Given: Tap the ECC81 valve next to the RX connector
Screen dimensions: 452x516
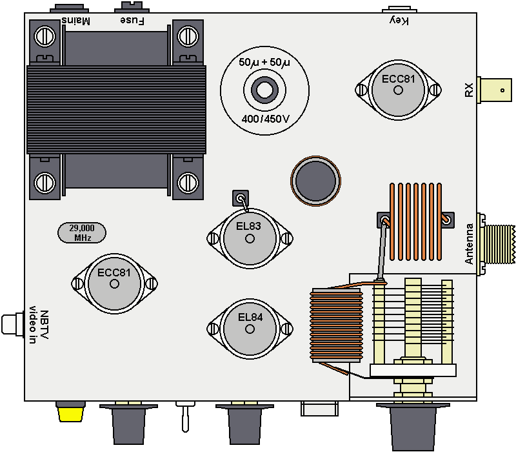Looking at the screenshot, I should click(x=398, y=90).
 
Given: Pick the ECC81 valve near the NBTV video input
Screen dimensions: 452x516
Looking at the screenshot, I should click(x=114, y=283).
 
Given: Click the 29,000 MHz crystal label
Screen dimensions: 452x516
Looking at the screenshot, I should click(x=83, y=232).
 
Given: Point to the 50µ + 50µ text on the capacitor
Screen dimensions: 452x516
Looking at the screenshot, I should click(x=264, y=63).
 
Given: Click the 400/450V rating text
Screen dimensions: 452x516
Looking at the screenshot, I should click(x=264, y=119).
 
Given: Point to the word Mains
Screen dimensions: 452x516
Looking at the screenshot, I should click(x=76, y=21).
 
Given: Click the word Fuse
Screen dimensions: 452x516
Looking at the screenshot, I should click(x=132, y=21).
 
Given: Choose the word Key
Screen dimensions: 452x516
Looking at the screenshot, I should click(x=399, y=21).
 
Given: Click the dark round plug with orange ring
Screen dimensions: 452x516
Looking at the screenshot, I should click(x=315, y=181).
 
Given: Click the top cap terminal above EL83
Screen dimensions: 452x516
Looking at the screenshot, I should click(x=240, y=198).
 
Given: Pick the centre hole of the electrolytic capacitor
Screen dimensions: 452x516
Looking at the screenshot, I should click(x=264, y=90).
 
